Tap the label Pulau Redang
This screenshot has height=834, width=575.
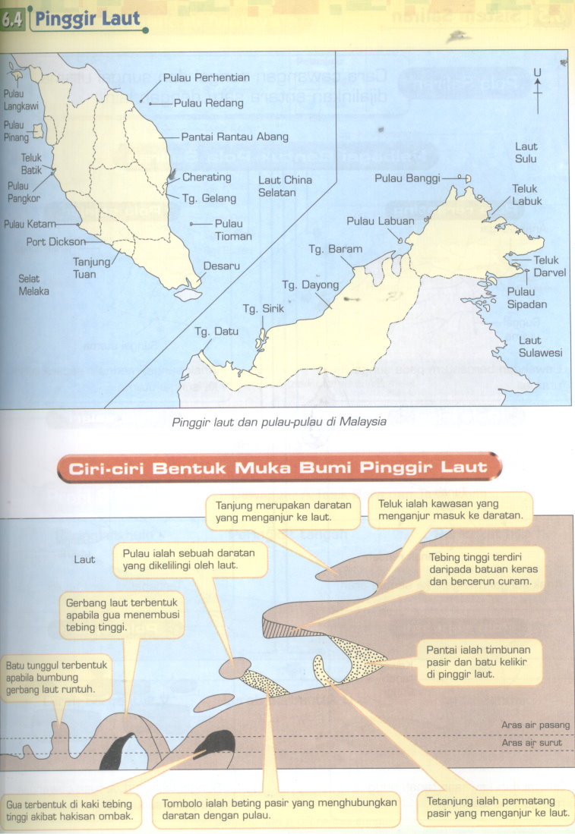[209, 102]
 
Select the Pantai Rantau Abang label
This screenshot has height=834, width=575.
[235, 137]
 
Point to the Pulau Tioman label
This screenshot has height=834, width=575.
[229, 229]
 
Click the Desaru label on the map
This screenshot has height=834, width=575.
[222, 267]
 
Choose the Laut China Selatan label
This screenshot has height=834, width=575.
[285, 187]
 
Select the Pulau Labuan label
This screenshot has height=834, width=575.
[381, 222]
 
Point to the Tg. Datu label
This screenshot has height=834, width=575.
[211, 332]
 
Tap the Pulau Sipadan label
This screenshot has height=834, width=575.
[521, 297]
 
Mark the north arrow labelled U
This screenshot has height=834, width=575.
[537, 90]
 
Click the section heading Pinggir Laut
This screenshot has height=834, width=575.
[86, 18]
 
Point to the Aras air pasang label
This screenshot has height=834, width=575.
[536, 725]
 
